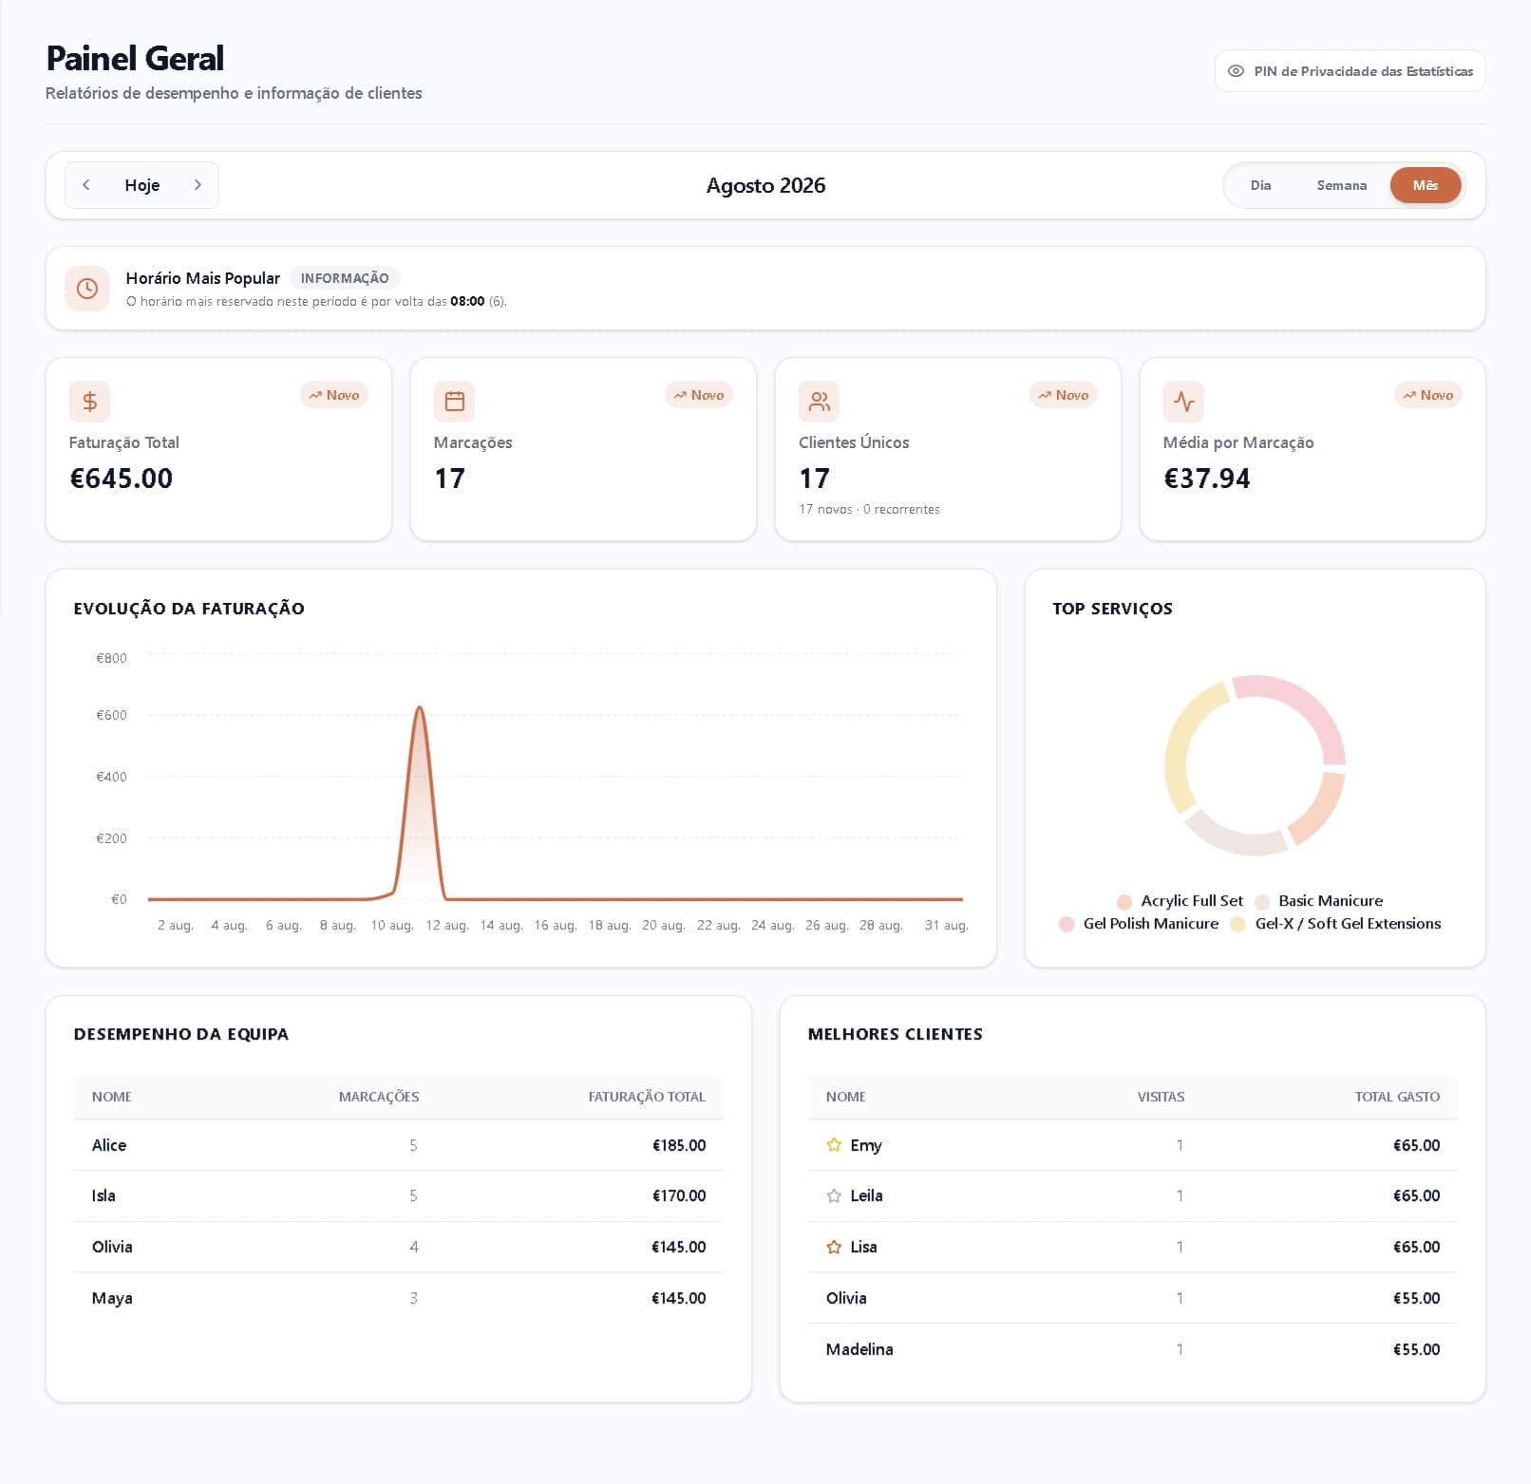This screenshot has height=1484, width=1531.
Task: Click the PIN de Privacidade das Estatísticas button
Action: tap(1350, 71)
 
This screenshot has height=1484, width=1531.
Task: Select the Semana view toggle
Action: tap(1341, 185)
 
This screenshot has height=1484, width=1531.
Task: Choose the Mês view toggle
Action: tap(1425, 185)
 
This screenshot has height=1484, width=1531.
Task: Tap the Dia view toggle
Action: tap(1260, 185)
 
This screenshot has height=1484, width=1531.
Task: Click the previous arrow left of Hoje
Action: tap(86, 185)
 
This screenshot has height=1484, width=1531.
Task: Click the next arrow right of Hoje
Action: tap(198, 185)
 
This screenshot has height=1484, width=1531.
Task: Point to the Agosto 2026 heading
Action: tap(765, 185)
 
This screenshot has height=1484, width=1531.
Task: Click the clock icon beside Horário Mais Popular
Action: tap(87, 289)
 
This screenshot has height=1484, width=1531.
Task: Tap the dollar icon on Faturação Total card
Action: tap(89, 402)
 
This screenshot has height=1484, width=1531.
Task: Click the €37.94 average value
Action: tap(1206, 479)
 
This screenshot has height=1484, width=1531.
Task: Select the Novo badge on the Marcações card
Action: tap(699, 395)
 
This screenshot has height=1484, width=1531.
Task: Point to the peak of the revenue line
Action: tap(419, 707)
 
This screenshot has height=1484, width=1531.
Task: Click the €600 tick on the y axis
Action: tap(111, 715)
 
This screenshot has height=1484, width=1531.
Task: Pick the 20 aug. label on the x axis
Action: tap(663, 925)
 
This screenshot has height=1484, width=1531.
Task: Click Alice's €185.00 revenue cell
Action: tap(678, 1145)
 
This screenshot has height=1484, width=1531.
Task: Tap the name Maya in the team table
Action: tap(112, 1298)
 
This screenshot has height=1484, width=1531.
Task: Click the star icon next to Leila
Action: tap(834, 1196)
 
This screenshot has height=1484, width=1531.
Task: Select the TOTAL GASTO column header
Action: tap(1397, 1097)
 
